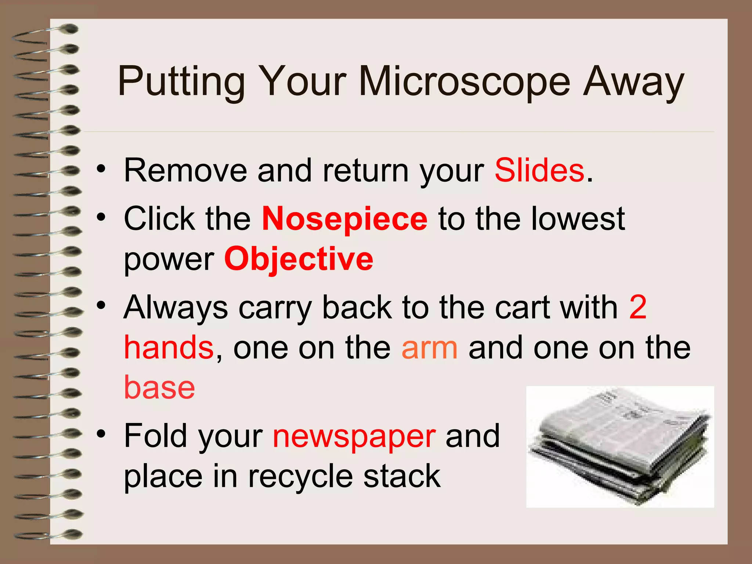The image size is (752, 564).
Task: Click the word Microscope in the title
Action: click(464, 82)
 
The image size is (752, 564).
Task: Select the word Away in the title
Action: click(634, 82)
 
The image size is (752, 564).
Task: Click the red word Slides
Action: click(539, 170)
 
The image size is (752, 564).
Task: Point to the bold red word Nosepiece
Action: click(344, 219)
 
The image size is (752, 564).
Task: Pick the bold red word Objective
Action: click(299, 259)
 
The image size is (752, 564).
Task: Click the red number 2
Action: click(637, 307)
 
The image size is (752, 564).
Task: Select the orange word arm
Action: click(430, 347)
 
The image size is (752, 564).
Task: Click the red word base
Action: click(159, 388)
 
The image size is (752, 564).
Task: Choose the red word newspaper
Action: click(354, 436)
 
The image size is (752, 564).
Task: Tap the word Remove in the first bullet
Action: click(185, 170)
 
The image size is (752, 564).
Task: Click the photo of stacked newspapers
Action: click(620, 446)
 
